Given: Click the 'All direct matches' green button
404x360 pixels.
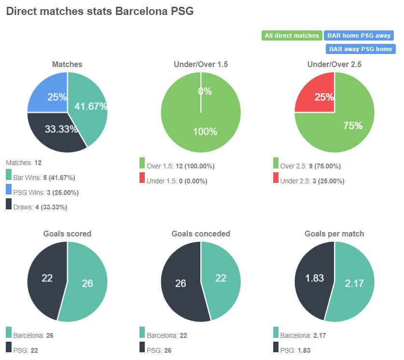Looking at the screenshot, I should click(292, 35).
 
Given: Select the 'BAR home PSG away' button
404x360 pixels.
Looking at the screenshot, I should click(359, 35).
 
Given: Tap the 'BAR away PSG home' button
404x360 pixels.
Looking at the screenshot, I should click(361, 49).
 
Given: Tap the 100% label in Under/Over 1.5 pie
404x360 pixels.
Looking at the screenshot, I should click(201, 132).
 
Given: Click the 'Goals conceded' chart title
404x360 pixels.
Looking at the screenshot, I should click(201, 234).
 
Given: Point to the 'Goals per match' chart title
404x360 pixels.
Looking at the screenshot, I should click(334, 234).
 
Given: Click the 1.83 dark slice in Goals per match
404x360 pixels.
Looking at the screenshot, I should click(314, 279).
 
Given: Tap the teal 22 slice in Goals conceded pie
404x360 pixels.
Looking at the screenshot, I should click(221, 279).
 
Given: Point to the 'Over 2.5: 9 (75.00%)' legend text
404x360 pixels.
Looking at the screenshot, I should click(310, 166).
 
